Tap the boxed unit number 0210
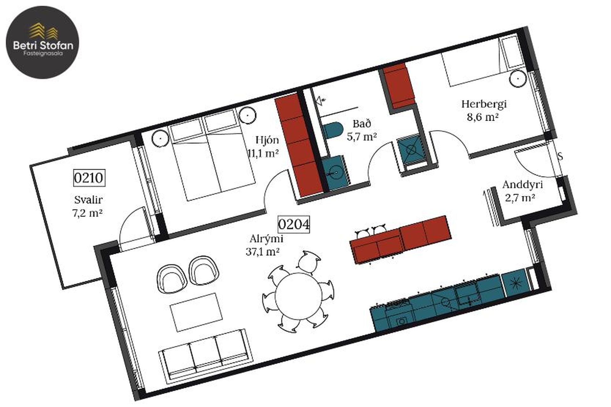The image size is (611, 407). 89,178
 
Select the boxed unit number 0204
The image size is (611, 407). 294,224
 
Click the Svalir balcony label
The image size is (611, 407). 88,200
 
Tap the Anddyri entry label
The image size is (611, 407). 523,185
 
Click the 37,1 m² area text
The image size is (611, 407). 263,252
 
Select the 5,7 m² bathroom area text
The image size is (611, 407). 362,137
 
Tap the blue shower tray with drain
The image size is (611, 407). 411,149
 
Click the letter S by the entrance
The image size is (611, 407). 560,156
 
